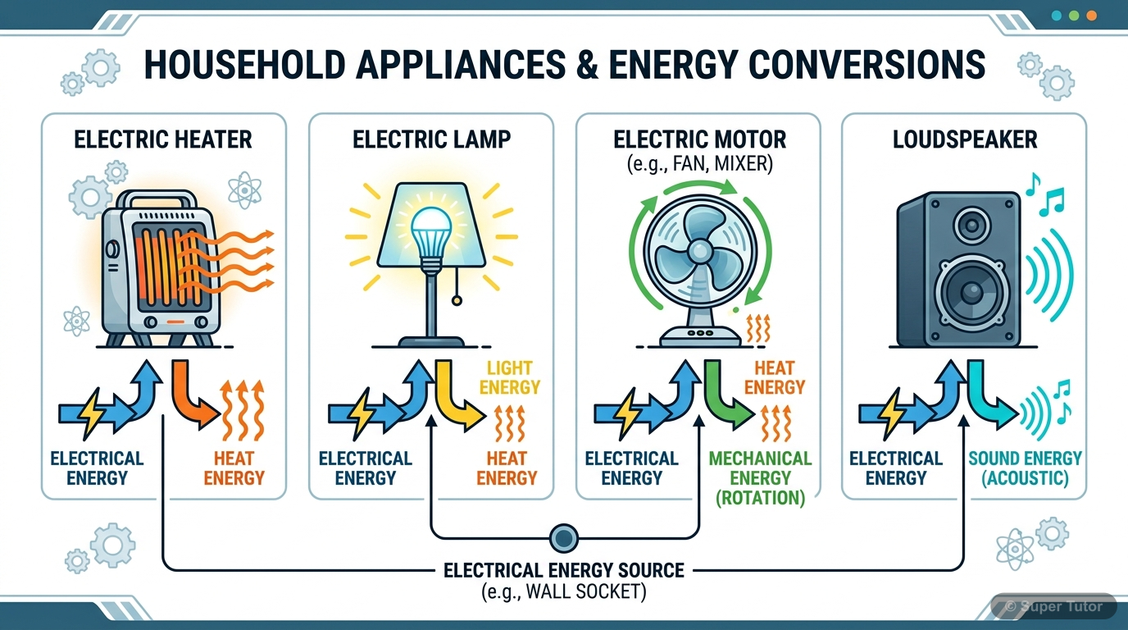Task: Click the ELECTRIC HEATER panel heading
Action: pyautogui.click(x=163, y=139)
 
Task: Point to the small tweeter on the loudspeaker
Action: pyautogui.click(x=973, y=221)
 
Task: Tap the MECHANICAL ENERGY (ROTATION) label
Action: pyautogui.click(x=760, y=478)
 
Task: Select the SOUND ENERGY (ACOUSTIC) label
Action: pyautogui.click(x=1025, y=468)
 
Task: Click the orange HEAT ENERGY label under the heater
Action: pyautogui.click(x=234, y=468)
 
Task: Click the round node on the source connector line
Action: pyautogui.click(x=563, y=538)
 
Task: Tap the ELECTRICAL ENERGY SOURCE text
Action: pyautogui.click(x=563, y=569)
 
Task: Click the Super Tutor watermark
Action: pyautogui.click(x=1053, y=607)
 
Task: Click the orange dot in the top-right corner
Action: pyautogui.click(x=1091, y=16)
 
